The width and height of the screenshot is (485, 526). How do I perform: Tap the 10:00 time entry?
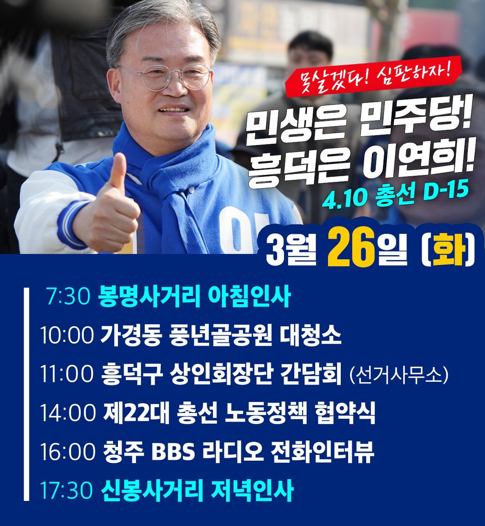pos(67,336)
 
